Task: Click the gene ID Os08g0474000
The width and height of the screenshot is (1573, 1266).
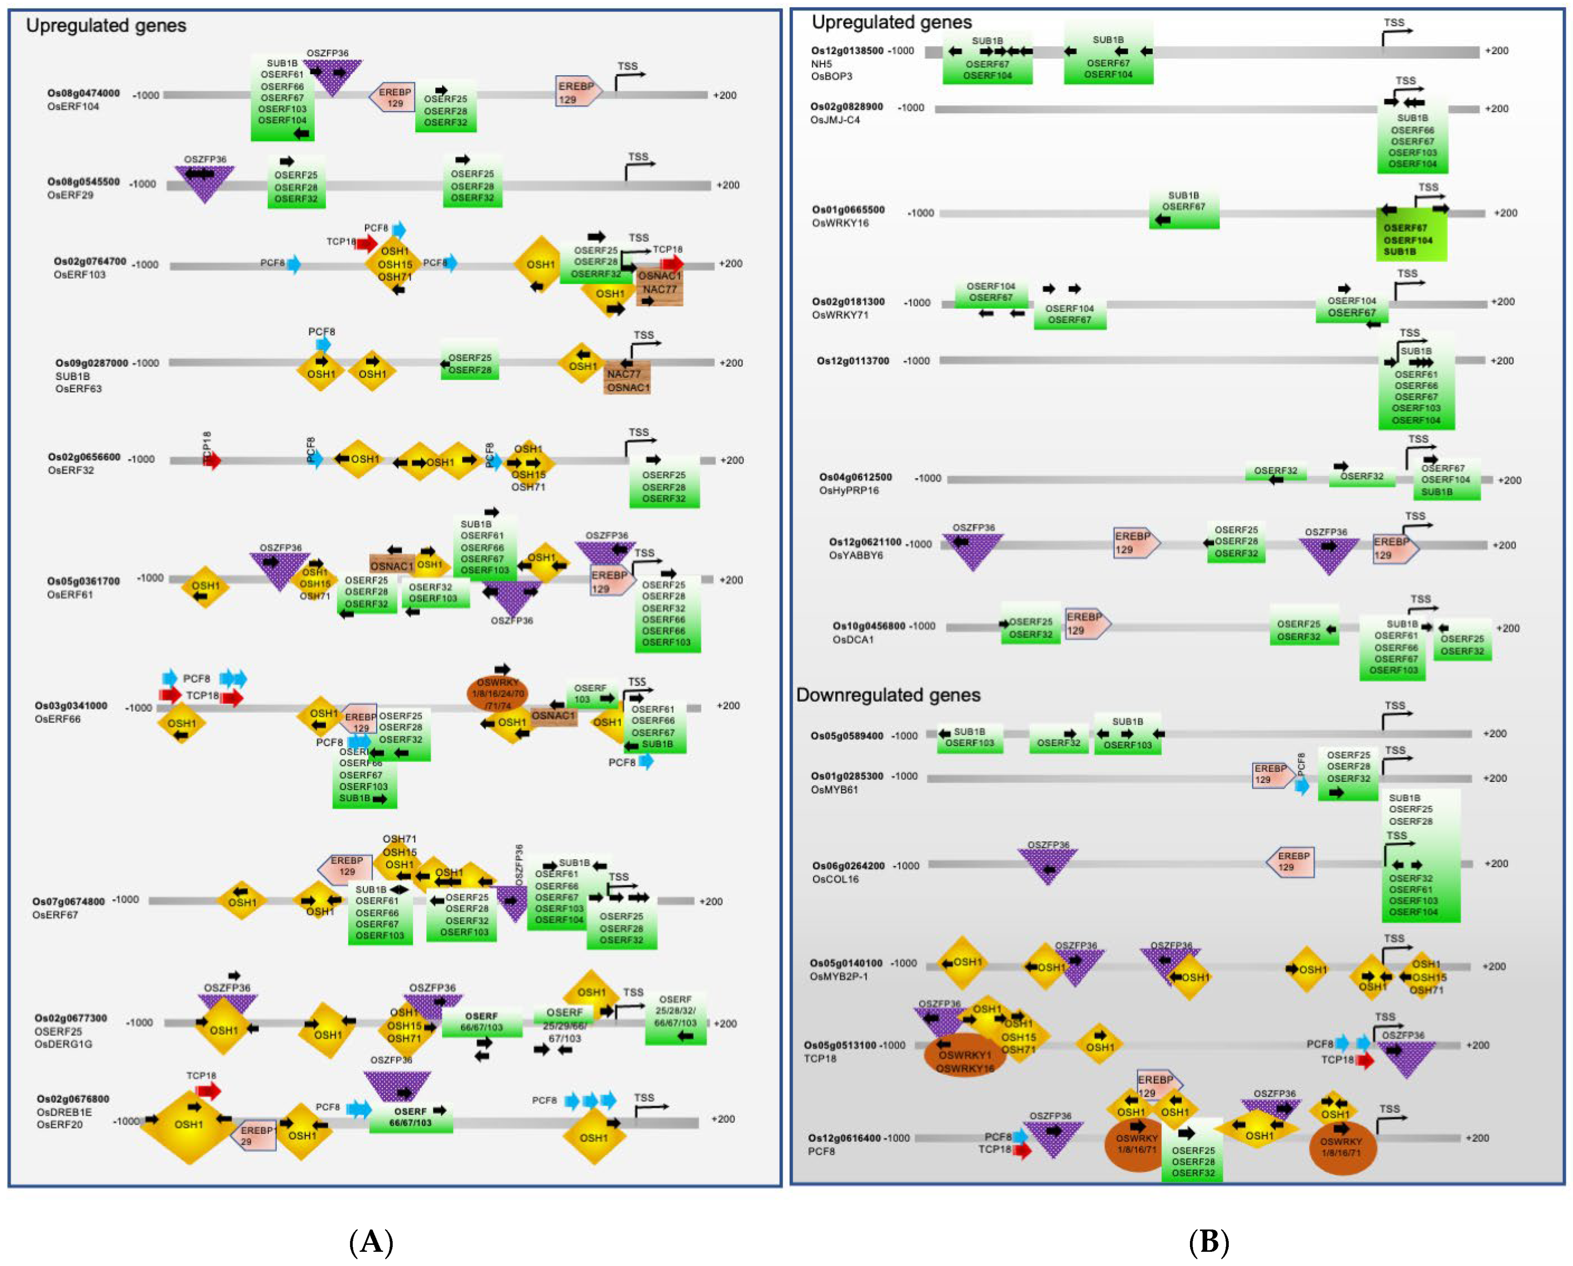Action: coord(83,93)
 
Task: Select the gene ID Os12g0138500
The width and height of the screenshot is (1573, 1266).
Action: coord(847,51)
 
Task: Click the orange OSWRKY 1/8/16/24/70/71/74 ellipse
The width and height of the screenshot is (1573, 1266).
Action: coord(497,694)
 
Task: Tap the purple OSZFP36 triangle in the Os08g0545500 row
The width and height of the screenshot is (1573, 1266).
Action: coord(205,182)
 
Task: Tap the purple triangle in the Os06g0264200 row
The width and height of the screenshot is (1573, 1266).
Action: coord(1048,865)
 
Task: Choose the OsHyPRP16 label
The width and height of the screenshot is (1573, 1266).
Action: coord(848,490)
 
